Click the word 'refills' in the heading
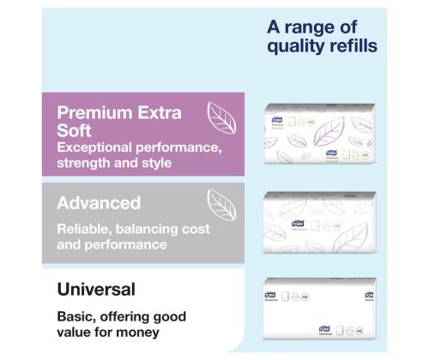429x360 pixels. (348, 45)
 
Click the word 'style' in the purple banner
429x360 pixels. (151, 163)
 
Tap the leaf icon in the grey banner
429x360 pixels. (221, 201)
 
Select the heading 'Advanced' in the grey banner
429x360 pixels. (99, 204)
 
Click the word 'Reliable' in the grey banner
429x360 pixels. (85, 230)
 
